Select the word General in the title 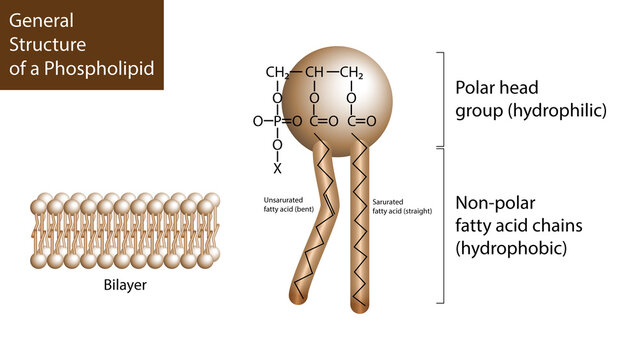tap(41, 21)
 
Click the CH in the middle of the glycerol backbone tap(314, 72)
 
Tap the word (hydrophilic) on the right tap(557, 111)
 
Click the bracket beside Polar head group tap(441, 98)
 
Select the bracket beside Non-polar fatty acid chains tap(441, 225)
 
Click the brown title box tap(80, 45)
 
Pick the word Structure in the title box tap(47, 44)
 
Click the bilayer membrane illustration tap(126, 230)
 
